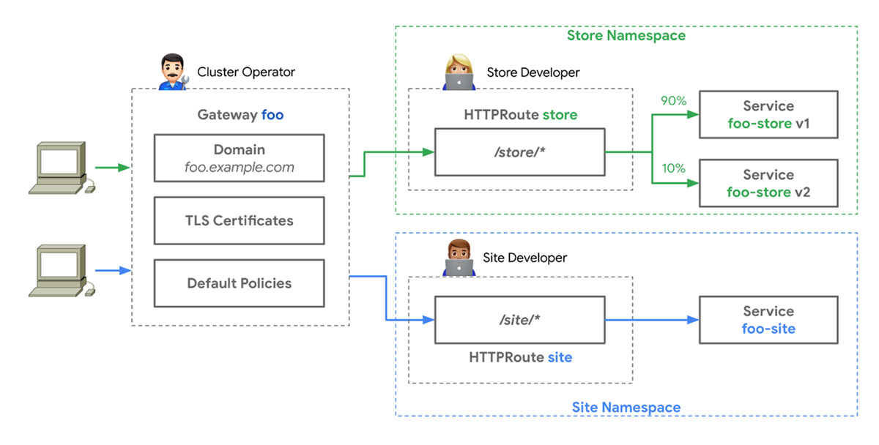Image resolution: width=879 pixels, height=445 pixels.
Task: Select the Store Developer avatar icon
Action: (x=459, y=72)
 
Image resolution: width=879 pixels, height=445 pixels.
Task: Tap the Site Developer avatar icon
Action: (x=459, y=258)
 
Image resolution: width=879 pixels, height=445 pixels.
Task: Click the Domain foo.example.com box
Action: (x=239, y=158)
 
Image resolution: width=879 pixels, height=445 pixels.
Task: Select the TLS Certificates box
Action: (x=239, y=220)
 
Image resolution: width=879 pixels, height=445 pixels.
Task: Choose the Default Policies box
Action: (x=239, y=283)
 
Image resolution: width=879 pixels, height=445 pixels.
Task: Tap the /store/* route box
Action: (x=520, y=152)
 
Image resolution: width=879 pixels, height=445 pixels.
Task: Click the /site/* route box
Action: (x=520, y=320)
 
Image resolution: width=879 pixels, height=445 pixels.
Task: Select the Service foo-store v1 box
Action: (x=768, y=115)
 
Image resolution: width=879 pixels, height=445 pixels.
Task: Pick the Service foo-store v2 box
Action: (x=768, y=184)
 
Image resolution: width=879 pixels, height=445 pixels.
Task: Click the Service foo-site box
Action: (x=768, y=320)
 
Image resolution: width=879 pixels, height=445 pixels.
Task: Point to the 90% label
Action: (x=673, y=101)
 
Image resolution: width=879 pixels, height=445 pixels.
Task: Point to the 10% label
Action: (x=673, y=168)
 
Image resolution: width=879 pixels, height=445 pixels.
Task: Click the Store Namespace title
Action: (x=626, y=35)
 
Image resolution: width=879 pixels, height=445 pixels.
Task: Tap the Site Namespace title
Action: (x=626, y=407)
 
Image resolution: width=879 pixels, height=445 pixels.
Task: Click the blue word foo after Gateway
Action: (x=272, y=115)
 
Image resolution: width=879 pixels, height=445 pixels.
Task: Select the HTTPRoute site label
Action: (x=520, y=358)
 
